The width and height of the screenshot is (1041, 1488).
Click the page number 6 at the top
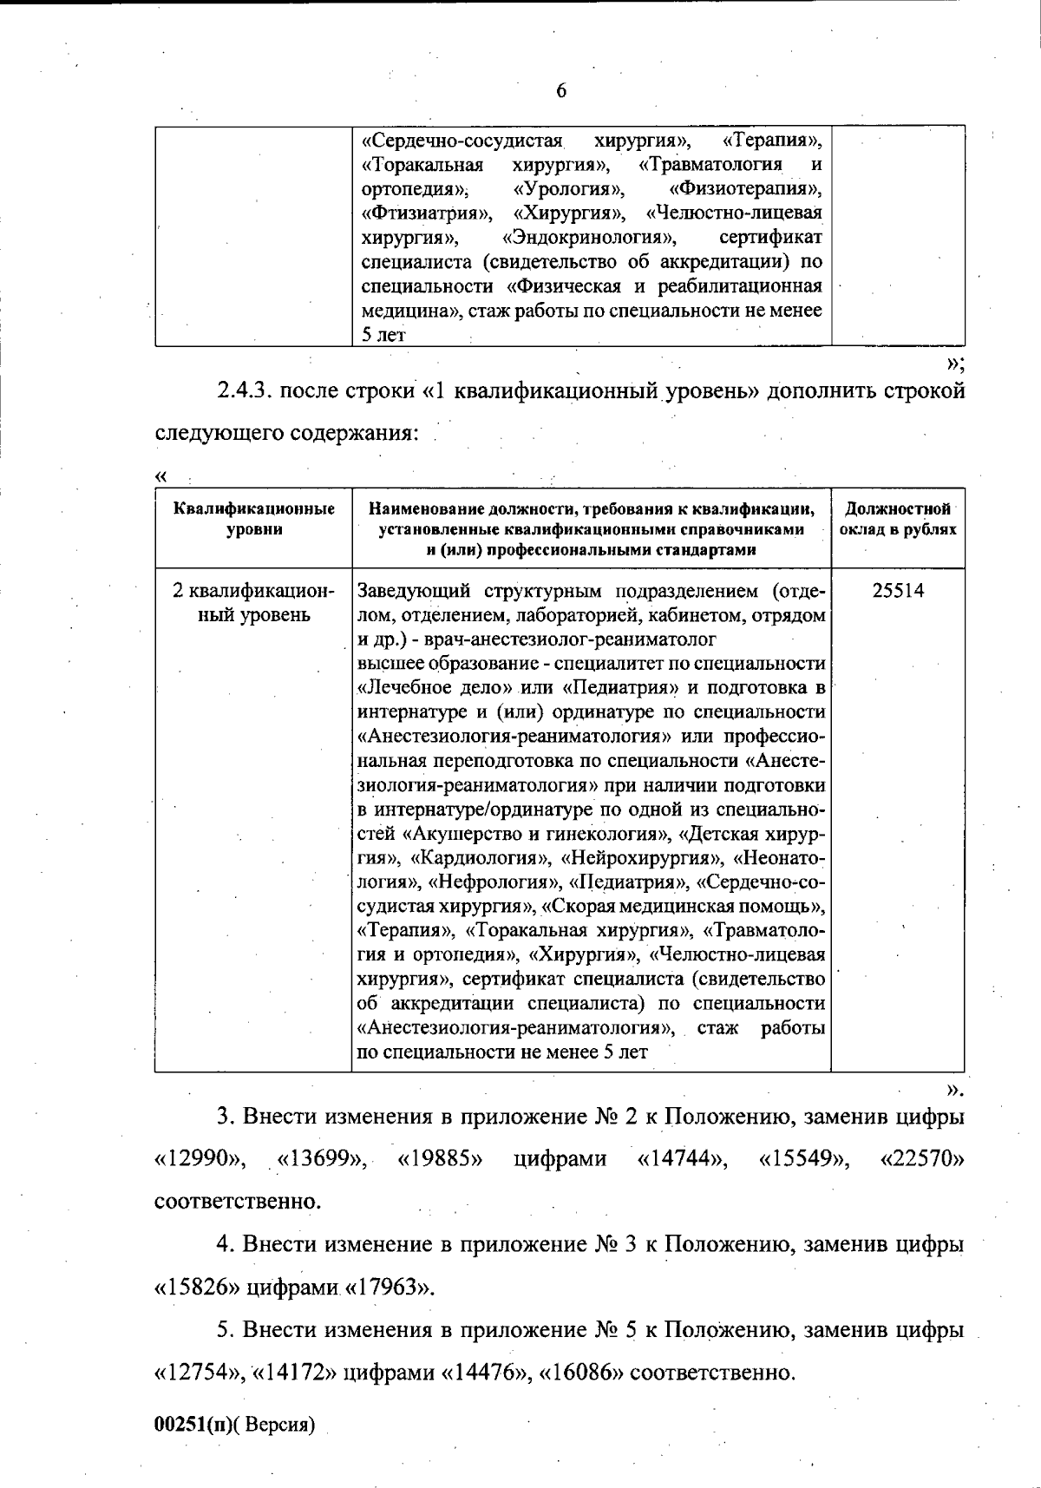(x=560, y=90)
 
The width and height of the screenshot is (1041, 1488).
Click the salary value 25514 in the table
(x=898, y=591)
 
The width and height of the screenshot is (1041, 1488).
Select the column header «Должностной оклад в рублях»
(x=898, y=519)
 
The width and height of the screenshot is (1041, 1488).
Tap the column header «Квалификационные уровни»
(x=253, y=519)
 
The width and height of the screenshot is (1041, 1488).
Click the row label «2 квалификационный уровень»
(x=253, y=603)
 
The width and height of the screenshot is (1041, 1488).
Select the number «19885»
(x=440, y=1159)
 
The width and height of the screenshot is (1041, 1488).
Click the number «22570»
(x=922, y=1159)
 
